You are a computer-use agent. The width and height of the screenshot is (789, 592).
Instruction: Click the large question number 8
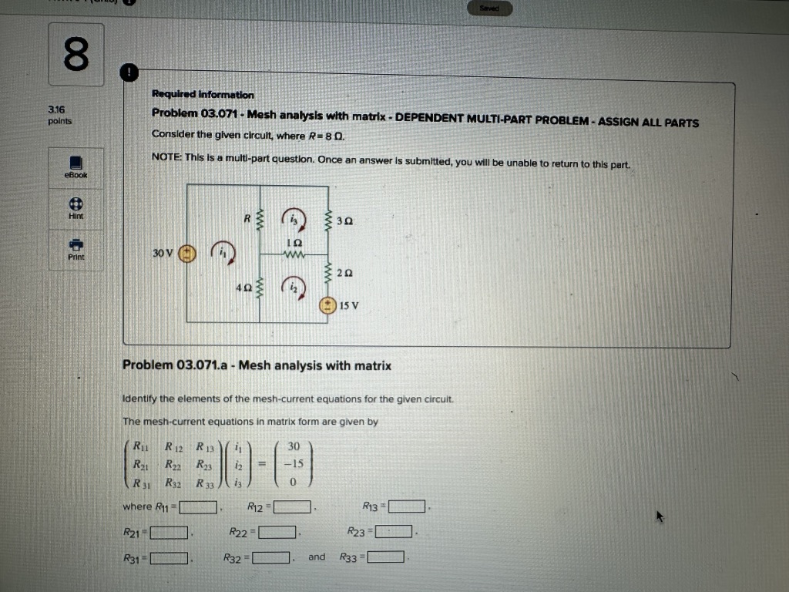point(76,55)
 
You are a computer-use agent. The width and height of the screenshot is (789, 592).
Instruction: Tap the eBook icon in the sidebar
point(76,163)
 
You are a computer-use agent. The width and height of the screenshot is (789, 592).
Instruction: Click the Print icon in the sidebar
point(76,244)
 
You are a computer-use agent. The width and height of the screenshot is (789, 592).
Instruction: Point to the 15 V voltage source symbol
point(327,305)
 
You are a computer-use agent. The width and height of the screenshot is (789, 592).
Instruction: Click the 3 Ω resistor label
point(346,221)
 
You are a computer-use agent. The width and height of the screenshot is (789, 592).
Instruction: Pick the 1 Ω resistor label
point(294,242)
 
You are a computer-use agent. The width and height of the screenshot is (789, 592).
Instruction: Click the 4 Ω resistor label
point(243,288)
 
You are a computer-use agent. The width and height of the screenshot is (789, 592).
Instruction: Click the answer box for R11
point(198,507)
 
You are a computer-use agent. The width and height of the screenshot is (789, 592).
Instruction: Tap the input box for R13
point(408,507)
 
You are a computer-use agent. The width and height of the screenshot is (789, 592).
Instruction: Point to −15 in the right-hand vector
point(294,463)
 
